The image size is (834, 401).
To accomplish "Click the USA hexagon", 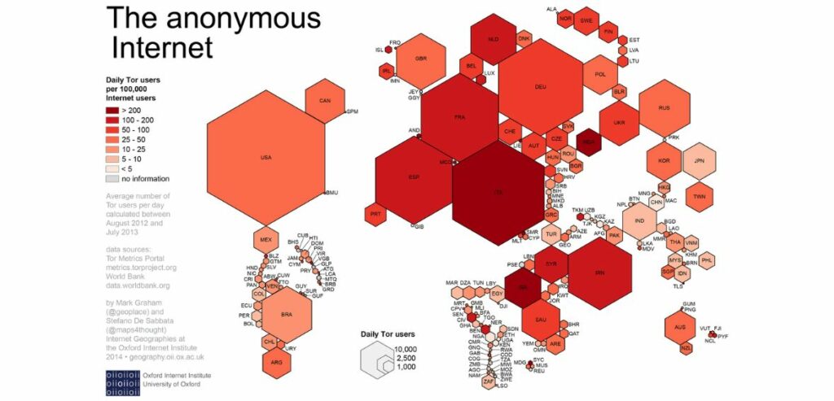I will tap(266, 157).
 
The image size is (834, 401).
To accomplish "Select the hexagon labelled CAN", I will tap(324, 102).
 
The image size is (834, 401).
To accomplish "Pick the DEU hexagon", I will tap(539, 86).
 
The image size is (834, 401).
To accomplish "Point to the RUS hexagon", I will tap(665, 108).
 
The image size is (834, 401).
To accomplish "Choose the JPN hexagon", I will tap(699, 162).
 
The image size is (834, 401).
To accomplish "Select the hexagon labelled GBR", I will tap(421, 59).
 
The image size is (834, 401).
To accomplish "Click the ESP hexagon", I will tap(413, 177).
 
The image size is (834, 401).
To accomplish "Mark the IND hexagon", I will tap(640, 221).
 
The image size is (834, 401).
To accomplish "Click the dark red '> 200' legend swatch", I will tap(112, 110).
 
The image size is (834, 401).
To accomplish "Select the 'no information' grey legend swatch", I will tap(112, 178).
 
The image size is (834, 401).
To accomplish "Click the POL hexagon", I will tap(601, 74).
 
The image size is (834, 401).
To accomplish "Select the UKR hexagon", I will tap(620, 124).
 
